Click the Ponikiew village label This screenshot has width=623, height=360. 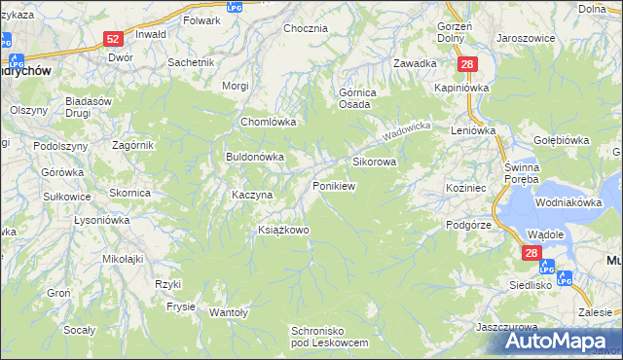(x=333, y=185)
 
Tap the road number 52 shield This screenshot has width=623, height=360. (x=113, y=39)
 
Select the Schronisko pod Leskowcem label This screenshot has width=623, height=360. (x=330, y=338)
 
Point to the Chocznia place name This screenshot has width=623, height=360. (x=305, y=28)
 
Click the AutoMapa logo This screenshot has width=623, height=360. (x=561, y=342)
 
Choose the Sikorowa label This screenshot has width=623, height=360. (x=374, y=162)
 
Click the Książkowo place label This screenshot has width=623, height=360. (x=282, y=231)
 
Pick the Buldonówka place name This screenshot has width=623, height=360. (x=254, y=156)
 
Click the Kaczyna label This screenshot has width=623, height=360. (x=251, y=195)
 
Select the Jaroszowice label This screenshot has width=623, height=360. (x=526, y=38)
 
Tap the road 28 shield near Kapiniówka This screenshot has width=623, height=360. (x=468, y=64)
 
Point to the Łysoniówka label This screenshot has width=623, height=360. (x=101, y=220)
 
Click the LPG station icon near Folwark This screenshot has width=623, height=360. (x=234, y=7)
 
